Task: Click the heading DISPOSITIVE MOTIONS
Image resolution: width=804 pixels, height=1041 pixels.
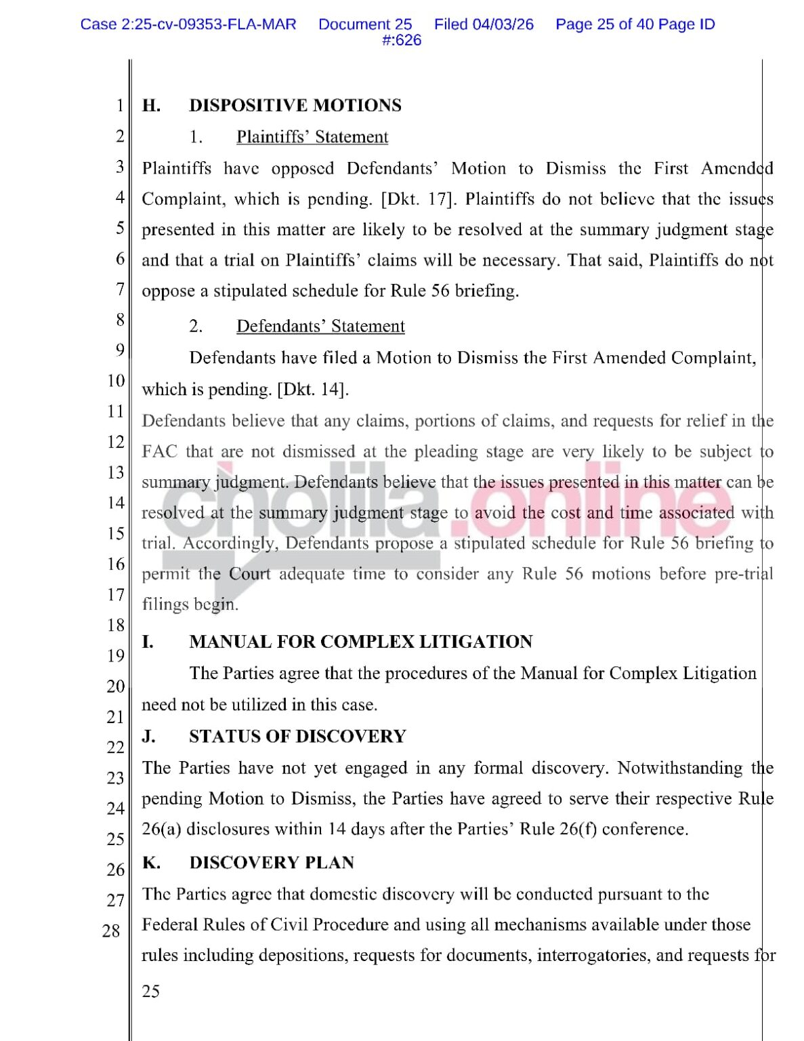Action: click(295, 106)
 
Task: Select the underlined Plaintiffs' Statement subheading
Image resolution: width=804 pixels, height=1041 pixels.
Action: click(312, 137)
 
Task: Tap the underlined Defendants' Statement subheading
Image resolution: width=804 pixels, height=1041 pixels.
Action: click(320, 326)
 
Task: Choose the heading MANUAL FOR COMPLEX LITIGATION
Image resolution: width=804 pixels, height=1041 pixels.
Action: click(360, 642)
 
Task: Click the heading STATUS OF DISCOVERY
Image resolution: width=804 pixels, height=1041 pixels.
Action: click(297, 737)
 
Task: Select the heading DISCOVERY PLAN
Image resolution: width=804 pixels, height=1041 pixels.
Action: click(272, 863)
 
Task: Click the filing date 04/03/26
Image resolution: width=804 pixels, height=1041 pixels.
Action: click(503, 24)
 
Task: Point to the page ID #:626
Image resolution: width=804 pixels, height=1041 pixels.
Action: click(402, 41)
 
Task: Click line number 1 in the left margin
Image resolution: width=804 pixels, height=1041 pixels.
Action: click(120, 106)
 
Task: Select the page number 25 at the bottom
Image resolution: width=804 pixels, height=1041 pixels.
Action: click(151, 992)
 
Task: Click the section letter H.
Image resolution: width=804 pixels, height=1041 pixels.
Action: click(151, 106)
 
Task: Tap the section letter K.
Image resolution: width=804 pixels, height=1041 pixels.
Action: click(151, 863)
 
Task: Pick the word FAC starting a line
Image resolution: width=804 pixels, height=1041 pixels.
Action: click(159, 452)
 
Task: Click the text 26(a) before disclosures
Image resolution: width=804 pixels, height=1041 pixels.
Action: click(161, 830)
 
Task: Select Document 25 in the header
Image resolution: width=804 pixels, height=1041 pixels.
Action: click(365, 24)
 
